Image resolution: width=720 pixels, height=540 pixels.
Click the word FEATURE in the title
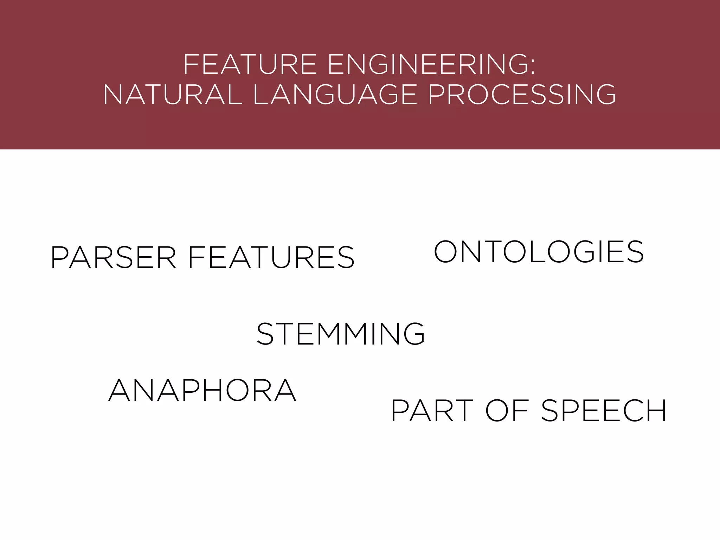(x=250, y=65)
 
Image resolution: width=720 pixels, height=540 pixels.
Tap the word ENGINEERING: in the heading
(x=431, y=65)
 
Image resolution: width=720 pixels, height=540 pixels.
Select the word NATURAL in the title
(x=173, y=95)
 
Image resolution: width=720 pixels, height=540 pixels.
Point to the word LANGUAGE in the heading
(x=335, y=95)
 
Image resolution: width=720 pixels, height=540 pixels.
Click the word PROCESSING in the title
(x=522, y=95)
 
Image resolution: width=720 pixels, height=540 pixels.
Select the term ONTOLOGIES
(x=539, y=252)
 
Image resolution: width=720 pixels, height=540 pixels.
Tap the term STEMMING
(x=341, y=334)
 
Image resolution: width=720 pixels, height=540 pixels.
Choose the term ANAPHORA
(x=202, y=391)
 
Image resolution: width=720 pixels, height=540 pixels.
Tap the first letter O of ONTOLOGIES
(x=445, y=252)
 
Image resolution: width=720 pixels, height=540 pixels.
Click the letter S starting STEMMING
(x=265, y=334)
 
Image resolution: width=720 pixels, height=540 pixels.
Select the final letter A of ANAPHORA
(x=285, y=391)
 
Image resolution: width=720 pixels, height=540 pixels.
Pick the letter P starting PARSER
(x=59, y=258)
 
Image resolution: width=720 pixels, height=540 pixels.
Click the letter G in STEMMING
(x=414, y=334)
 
